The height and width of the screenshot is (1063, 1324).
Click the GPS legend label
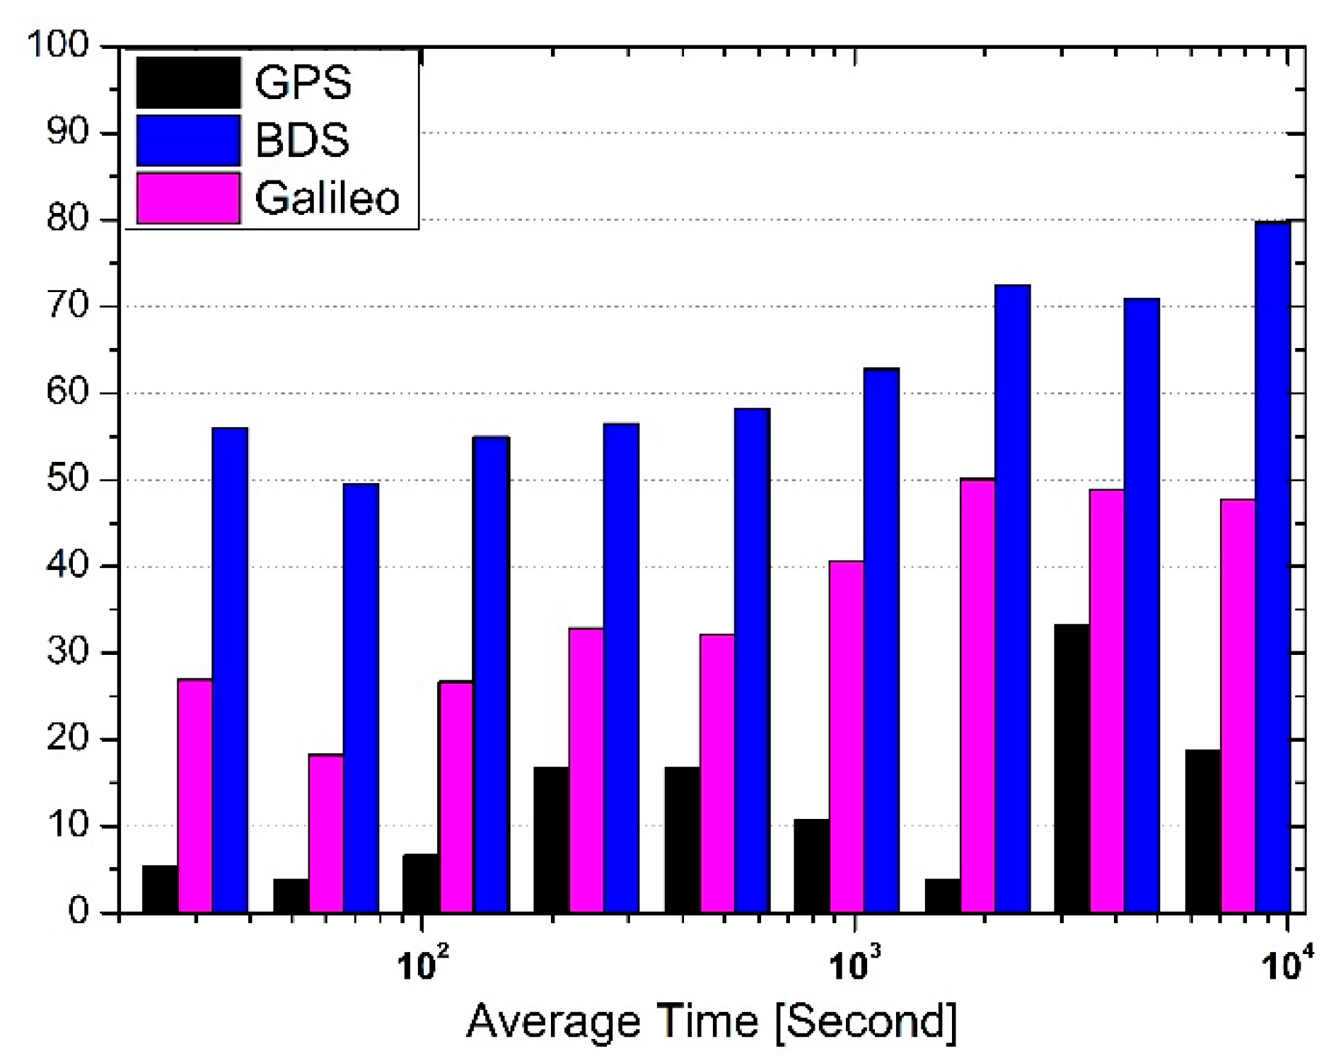tap(303, 83)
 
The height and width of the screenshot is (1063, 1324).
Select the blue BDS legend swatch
tap(188, 140)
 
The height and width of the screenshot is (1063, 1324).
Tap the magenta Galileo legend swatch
tap(188, 198)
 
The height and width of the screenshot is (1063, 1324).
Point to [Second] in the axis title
tap(866, 1021)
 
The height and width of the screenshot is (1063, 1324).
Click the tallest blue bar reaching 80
tap(1273, 566)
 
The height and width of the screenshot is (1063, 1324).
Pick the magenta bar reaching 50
tap(977, 696)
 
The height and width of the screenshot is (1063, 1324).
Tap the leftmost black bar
tap(160, 889)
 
